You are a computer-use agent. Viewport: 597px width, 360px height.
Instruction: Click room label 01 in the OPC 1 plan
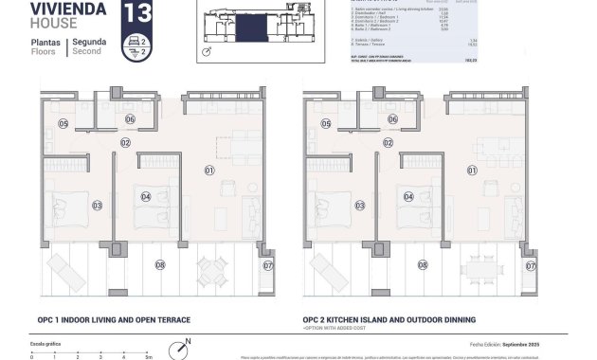[209, 171]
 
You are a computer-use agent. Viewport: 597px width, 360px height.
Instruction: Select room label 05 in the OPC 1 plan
[63, 124]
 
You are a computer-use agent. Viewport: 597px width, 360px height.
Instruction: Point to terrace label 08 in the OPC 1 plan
[159, 265]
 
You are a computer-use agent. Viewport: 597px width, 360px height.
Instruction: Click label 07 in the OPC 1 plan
[268, 265]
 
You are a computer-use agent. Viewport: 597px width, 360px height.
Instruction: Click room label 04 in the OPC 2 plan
[407, 197]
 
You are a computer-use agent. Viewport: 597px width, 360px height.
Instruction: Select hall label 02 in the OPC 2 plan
[388, 142]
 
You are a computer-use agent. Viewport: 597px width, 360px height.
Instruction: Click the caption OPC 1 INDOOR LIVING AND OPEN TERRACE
[116, 320]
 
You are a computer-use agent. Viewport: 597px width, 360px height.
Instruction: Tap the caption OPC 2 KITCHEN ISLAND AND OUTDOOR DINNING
[389, 320]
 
